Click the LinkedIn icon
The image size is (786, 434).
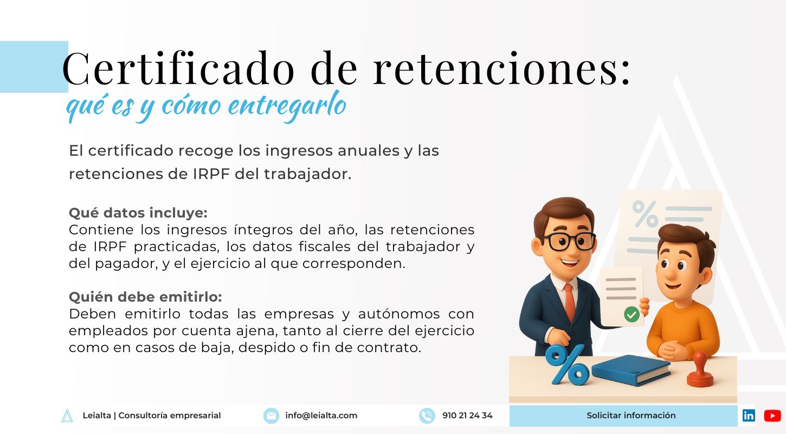tap(749, 416)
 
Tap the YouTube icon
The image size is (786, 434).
tap(772, 416)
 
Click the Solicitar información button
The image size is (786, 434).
tap(623, 416)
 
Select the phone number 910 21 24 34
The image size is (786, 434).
tap(467, 416)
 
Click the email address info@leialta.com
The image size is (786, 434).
tap(321, 416)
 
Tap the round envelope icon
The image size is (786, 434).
tap(271, 416)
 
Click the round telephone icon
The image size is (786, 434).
tap(427, 416)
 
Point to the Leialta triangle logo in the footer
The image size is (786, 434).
tap(67, 416)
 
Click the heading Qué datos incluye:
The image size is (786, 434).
tap(138, 213)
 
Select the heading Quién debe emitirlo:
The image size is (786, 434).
tap(145, 297)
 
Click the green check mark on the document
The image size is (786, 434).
tap(632, 314)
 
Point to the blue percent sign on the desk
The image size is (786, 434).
tap(567, 365)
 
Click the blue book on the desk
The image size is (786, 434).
tap(630, 371)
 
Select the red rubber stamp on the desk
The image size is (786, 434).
tap(700, 369)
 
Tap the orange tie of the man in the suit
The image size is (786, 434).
tap(570, 302)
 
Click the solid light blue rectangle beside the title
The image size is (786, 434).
tap(34, 67)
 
